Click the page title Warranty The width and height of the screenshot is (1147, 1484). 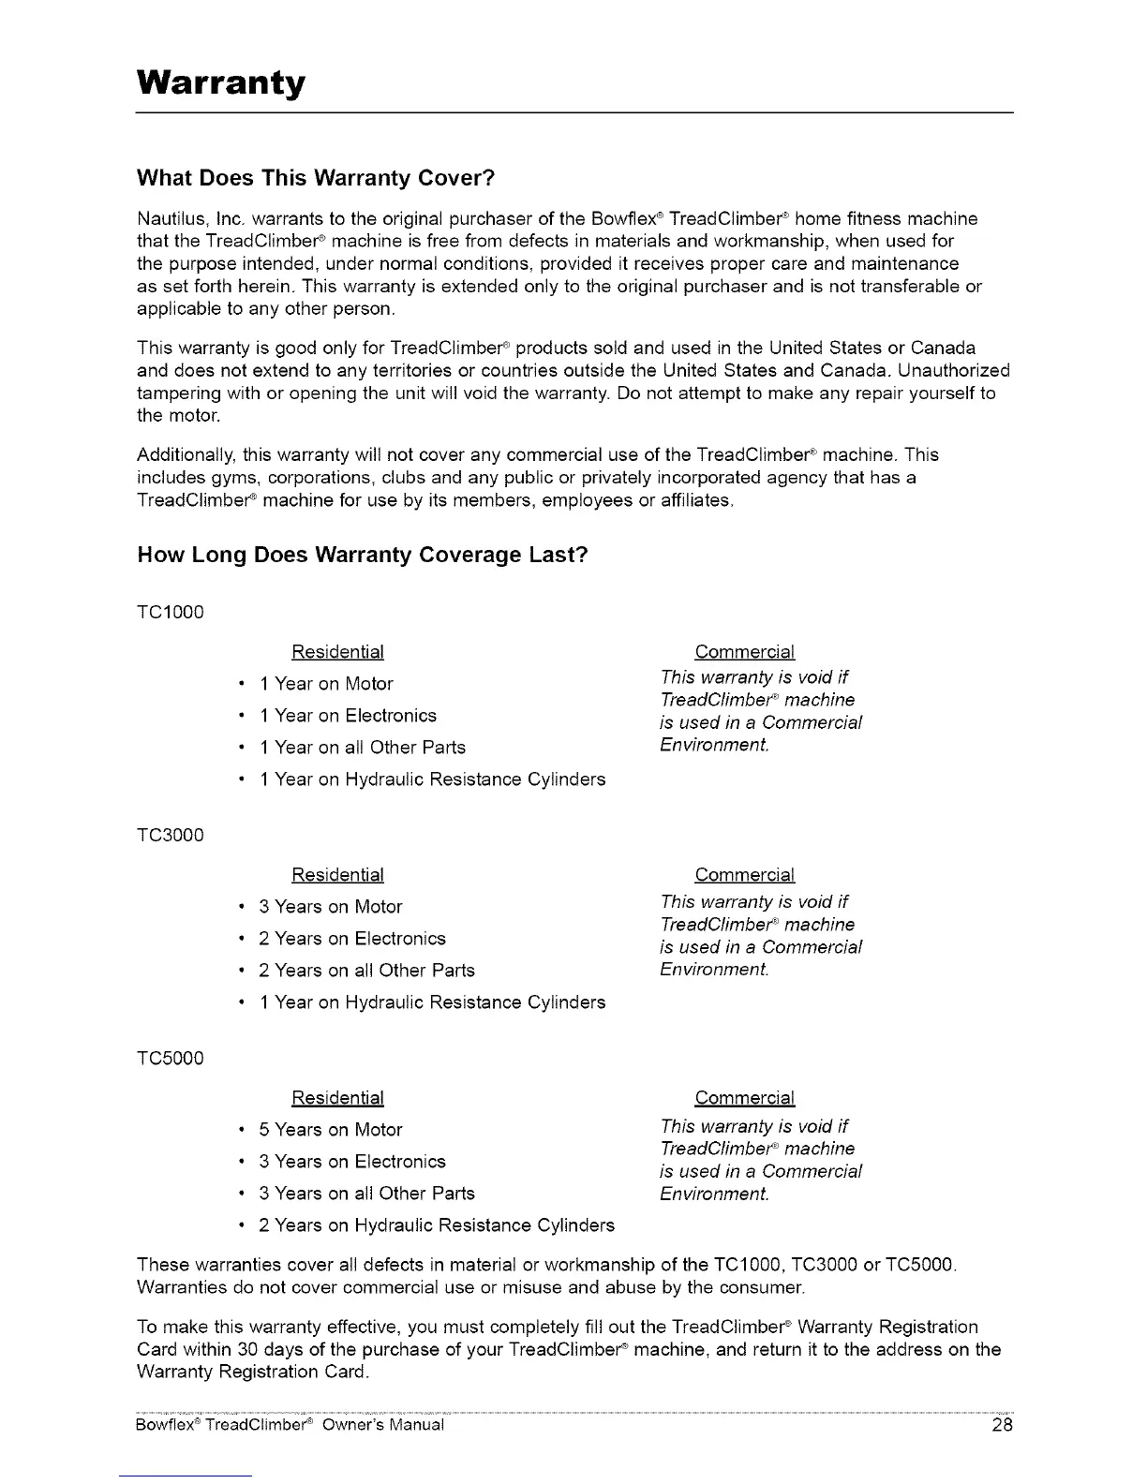click(221, 83)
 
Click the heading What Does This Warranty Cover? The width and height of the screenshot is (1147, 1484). click(315, 178)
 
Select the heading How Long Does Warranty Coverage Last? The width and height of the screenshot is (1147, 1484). click(362, 555)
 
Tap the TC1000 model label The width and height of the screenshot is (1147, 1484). click(170, 613)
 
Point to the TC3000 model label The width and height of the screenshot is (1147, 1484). click(170, 836)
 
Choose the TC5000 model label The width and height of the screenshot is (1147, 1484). click(170, 1059)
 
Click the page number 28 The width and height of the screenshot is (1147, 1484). click(1002, 1427)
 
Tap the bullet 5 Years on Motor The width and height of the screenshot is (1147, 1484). click(331, 1130)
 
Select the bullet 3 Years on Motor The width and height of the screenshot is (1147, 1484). click(331, 907)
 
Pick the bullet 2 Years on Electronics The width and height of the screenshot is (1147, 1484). click(352, 939)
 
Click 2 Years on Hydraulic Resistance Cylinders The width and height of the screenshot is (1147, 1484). click(437, 1225)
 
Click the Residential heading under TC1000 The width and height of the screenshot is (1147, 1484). click(337, 652)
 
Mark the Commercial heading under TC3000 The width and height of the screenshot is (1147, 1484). click(744, 875)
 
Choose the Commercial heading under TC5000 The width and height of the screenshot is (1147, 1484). click(744, 1098)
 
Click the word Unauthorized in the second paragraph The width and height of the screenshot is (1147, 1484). click(953, 371)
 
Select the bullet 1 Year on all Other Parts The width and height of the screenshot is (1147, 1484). click(362, 748)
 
